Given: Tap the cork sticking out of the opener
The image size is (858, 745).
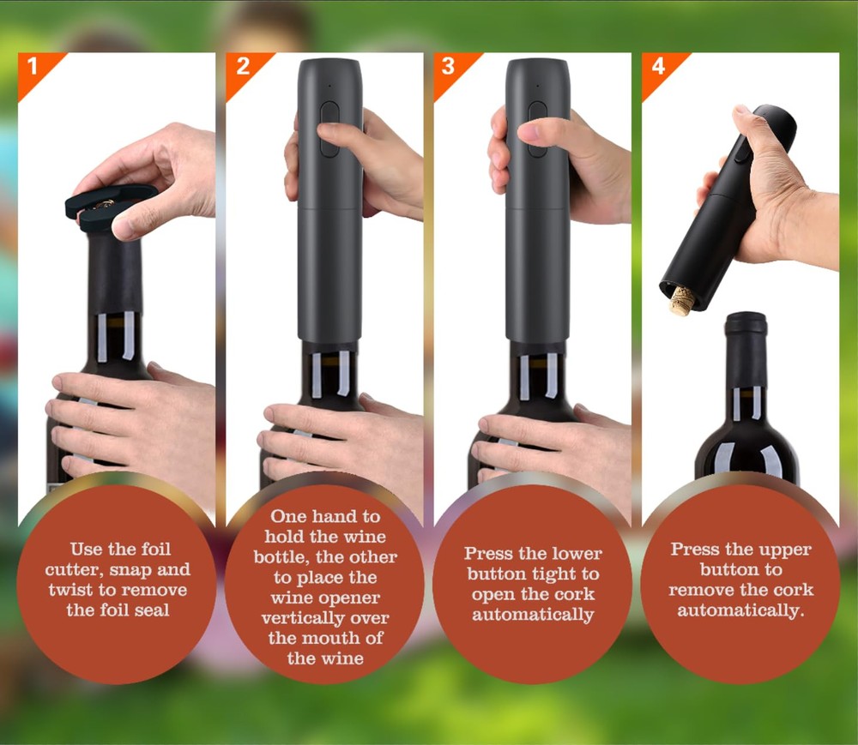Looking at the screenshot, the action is coord(681,301).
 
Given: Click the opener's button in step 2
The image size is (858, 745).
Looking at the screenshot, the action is coord(329,129).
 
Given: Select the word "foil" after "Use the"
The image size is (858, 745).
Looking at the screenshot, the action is coord(156,549).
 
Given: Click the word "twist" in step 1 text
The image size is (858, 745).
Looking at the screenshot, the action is coord(72,590).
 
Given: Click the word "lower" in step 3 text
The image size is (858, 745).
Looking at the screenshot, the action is coord(577,553).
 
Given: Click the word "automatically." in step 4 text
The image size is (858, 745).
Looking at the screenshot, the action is coord(741,611).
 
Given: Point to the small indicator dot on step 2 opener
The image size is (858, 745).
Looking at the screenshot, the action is coord(329,86).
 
